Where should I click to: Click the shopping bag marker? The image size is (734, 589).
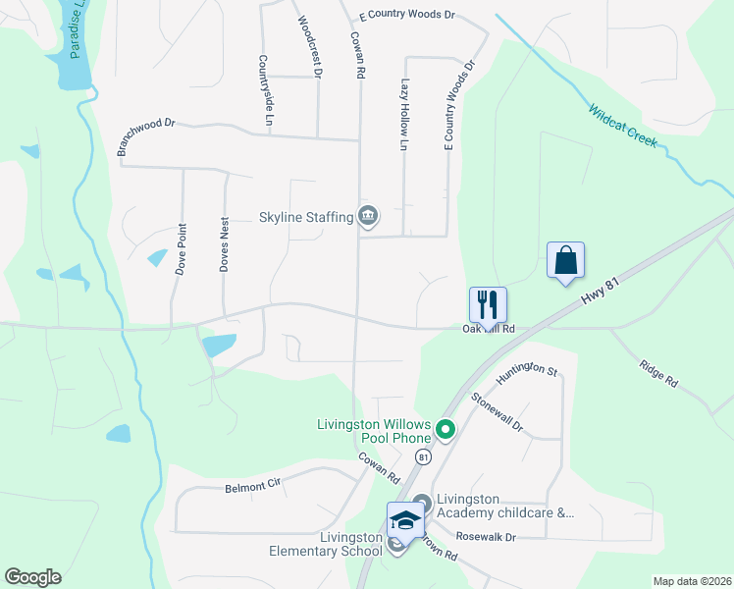[565, 261]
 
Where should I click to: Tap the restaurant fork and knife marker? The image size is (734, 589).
[488, 305]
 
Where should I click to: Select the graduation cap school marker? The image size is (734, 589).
[404, 520]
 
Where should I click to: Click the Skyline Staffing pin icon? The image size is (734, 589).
[368, 216]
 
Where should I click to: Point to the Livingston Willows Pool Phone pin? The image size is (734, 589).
[446, 429]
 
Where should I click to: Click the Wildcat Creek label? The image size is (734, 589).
[622, 125]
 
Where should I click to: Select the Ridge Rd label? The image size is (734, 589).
[657, 371]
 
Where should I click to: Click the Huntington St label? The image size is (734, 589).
[527, 372]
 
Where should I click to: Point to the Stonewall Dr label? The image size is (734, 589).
[498, 413]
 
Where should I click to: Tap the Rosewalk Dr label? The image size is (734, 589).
[486, 537]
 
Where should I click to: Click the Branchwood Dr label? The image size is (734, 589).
[145, 137]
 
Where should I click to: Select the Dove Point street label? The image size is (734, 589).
[182, 247]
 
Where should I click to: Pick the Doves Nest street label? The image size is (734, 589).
[225, 245]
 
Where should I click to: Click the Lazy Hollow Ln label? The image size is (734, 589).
[403, 116]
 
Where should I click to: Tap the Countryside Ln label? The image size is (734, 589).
[265, 90]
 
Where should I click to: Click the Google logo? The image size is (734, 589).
[32, 577]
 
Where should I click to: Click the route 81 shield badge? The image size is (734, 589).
[422, 457]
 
